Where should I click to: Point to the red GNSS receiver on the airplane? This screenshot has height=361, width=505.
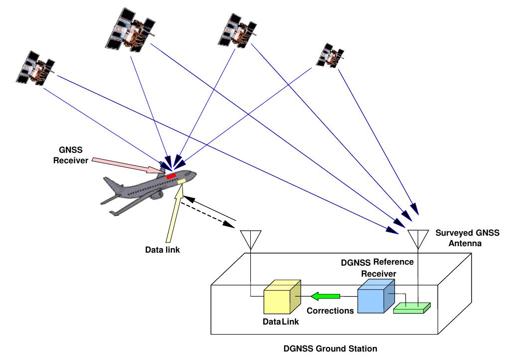(x=170, y=176)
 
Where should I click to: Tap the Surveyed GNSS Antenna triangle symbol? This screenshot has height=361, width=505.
(x=418, y=238)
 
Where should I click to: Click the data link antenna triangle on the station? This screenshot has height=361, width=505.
(x=250, y=238)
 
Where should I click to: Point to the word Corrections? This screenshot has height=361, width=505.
(x=330, y=310)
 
